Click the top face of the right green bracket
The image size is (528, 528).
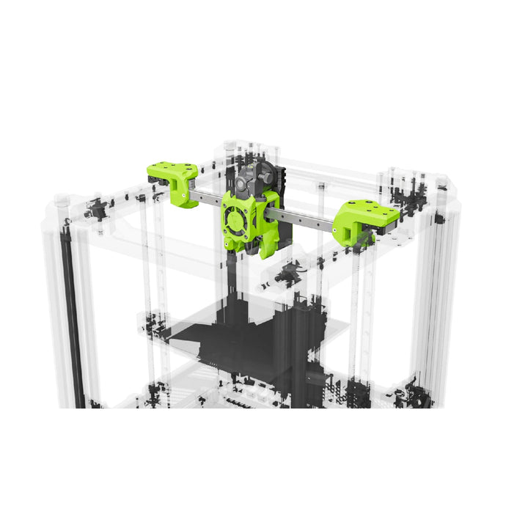tap(370, 210)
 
